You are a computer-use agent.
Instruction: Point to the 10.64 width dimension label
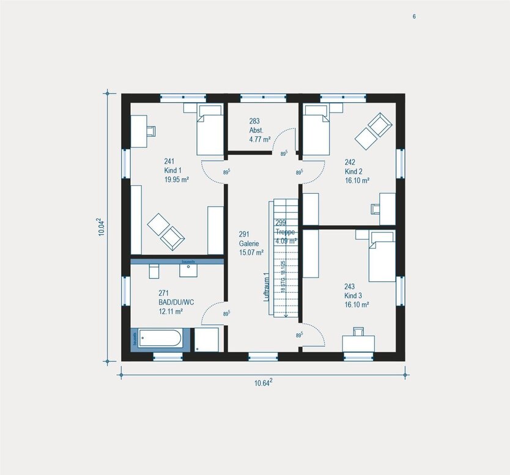[x=263, y=383]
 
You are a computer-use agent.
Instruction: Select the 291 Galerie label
[x=251, y=242]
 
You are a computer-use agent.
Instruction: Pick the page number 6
[x=414, y=17]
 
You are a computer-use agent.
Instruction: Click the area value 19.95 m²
[x=176, y=179]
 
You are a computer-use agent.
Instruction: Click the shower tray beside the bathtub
[x=206, y=339]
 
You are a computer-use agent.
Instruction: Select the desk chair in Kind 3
[x=358, y=332]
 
